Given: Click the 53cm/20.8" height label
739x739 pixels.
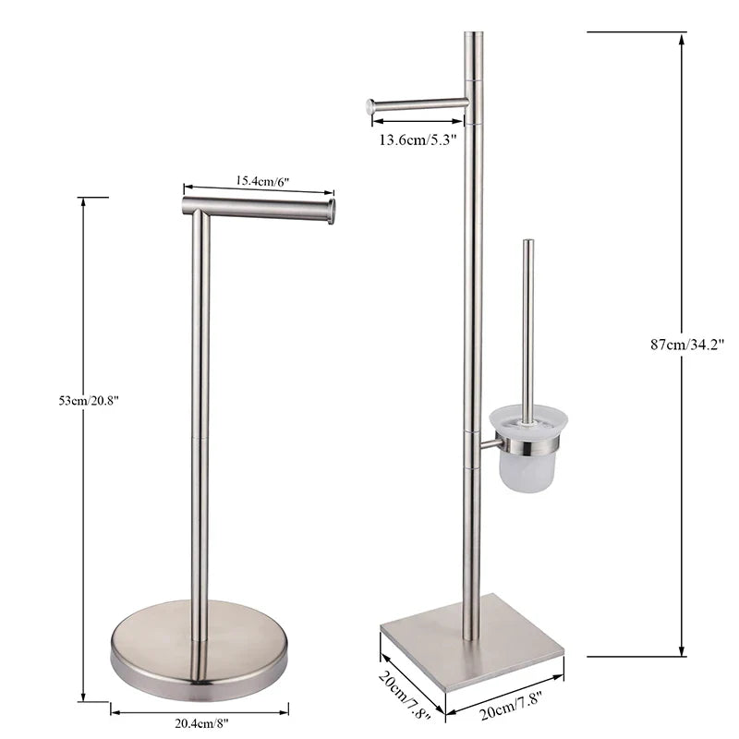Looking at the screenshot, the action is pos(89,401).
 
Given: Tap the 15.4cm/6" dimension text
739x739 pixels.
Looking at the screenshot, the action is pos(262,181).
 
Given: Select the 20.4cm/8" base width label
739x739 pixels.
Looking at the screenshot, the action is pos(201,723).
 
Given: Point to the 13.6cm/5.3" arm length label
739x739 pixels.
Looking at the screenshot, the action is pos(418,140).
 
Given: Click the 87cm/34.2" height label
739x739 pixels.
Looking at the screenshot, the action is pos(687,345).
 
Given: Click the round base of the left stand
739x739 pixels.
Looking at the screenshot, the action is pos(200,650).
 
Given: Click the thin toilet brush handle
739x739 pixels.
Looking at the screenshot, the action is pos(528,325).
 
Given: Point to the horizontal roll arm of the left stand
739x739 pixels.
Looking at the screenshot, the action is pos(259,209).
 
